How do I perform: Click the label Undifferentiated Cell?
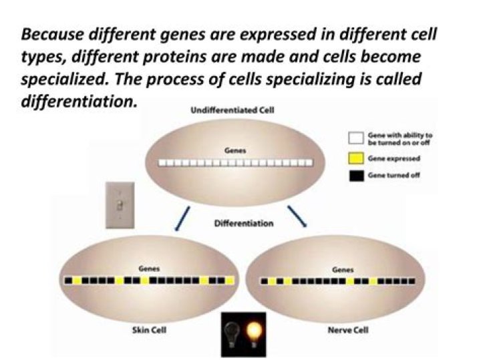232,110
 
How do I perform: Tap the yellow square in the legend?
356,158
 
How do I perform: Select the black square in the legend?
357,176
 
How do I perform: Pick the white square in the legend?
356,138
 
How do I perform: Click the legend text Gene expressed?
394,158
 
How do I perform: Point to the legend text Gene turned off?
394,176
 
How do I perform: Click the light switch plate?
120,205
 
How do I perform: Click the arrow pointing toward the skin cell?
182,218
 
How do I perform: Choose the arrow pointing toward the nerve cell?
297,216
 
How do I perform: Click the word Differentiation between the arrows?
244,223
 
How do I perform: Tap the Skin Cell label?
150,330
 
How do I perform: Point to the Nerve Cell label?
348,330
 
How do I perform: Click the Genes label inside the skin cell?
149,269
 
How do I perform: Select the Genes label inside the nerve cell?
343,270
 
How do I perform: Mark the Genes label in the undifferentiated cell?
235,151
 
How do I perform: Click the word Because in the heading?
52,34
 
